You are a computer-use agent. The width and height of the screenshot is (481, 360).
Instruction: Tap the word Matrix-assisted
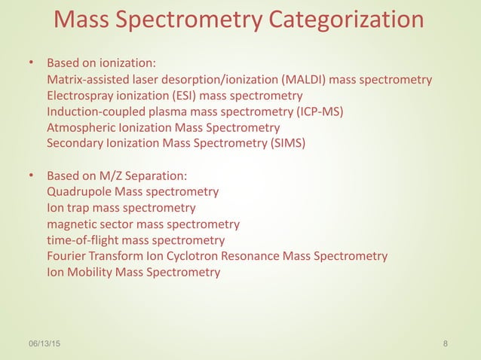[x=87, y=80]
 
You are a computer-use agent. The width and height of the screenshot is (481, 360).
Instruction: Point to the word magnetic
[x=71, y=224]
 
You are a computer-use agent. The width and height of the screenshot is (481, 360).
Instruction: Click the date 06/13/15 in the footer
[x=45, y=344]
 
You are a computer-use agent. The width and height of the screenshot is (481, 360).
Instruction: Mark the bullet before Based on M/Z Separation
[x=31, y=175]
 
